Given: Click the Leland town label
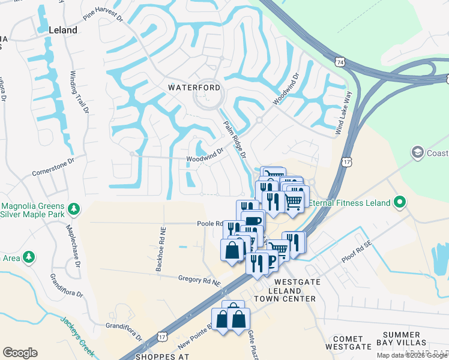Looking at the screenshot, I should [x=63, y=30].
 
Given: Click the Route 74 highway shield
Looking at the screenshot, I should [x=340, y=62].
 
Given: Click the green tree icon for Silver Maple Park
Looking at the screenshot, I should [x=74, y=209].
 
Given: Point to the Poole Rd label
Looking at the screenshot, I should [x=210, y=223].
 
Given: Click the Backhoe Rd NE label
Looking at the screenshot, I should [x=161, y=248].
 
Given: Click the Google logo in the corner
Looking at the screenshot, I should [x=20, y=352].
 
